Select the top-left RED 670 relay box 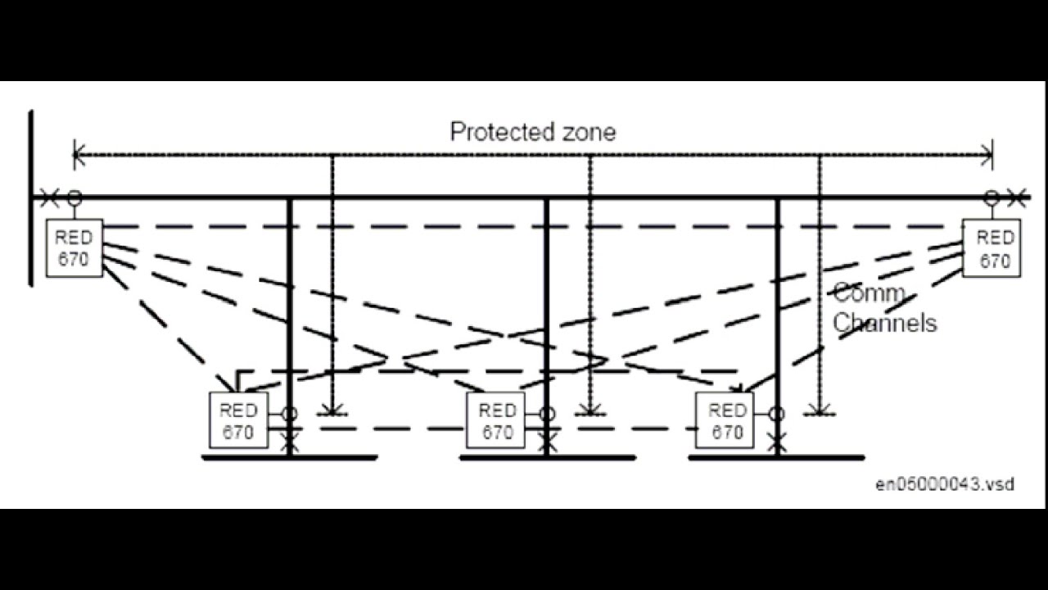75,247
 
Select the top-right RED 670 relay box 992,247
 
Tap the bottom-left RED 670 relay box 238,420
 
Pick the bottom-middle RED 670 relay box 496,420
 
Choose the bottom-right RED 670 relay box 725,420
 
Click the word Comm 869,293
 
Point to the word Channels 885,323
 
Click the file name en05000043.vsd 945,483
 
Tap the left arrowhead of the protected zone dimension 79,155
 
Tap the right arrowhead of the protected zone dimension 987,155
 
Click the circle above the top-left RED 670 75,197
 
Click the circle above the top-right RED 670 992,197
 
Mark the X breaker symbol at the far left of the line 49,197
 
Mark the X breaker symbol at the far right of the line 1017,197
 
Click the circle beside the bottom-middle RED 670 547,414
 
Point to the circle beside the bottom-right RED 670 777,414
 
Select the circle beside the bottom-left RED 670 290,414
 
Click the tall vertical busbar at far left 31,197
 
